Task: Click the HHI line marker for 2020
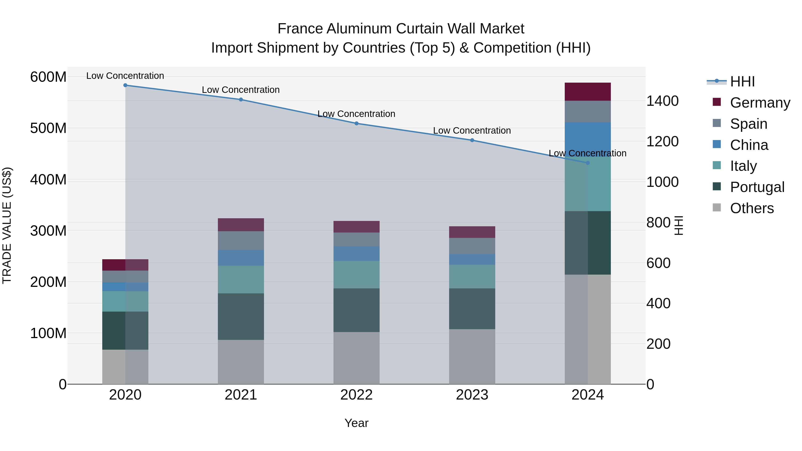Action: point(125,85)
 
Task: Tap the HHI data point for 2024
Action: point(587,163)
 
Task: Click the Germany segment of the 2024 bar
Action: point(587,92)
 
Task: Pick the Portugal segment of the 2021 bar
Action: point(241,316)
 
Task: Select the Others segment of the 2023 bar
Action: point(472,356)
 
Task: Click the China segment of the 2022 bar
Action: point(356,254)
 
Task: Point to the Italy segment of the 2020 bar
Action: point(125,301)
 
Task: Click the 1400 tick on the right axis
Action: point(662,101)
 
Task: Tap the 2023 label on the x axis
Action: point(472,395)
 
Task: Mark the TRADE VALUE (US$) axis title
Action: point(7,225)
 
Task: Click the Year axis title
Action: point(356,423)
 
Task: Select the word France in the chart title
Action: point(300,29)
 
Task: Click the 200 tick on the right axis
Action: point(658,344)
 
